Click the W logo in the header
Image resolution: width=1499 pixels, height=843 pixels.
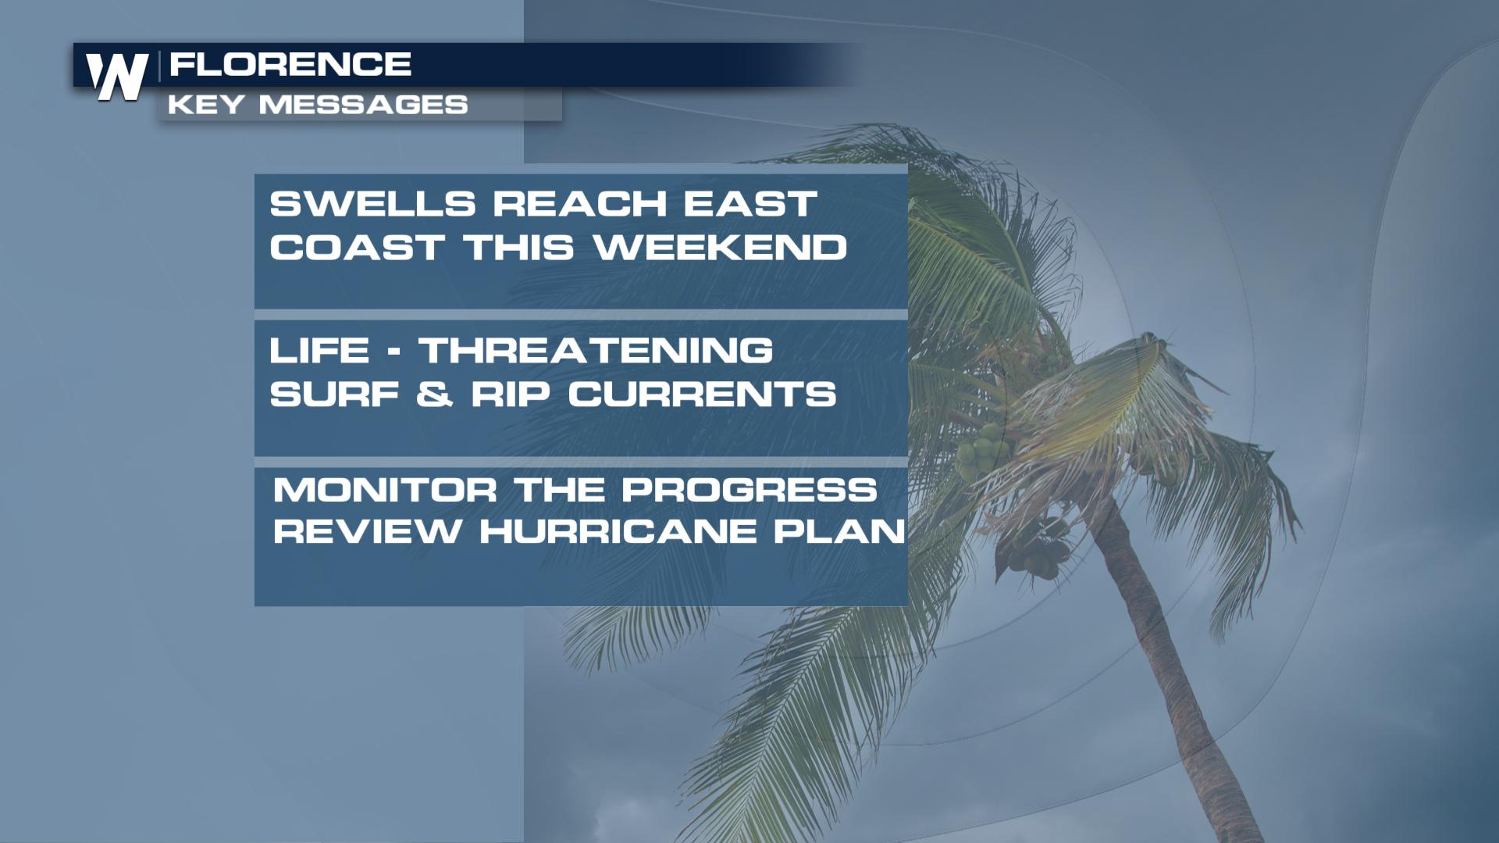click(x=117, y=76)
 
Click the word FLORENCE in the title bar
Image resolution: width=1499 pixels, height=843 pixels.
click(x=290, y=64)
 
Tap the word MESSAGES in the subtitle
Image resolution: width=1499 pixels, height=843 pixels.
click(x=363, y=105)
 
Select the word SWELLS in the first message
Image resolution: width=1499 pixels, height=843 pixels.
click(x=372, y=205)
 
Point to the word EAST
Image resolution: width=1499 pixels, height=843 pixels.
click(x=750, y=205)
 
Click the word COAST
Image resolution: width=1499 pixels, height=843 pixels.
click(x=357, y=248)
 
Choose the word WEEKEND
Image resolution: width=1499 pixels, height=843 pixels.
click(x=721, y=248)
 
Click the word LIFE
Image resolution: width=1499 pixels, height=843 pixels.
click(x=319, y=350)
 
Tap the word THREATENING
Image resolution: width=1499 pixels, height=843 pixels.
click(x=596, y=350)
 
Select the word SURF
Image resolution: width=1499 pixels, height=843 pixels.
click(x=335, y=394)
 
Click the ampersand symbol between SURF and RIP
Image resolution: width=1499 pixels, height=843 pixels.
click(x=435, y=394)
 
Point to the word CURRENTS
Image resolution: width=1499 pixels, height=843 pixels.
click(x=702, y=394)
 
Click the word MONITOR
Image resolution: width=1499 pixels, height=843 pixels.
click(x=385, y=491)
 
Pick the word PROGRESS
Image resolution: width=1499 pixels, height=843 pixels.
click(x=749, y=491)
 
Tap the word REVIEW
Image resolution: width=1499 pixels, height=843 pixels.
click(x=368, y=532)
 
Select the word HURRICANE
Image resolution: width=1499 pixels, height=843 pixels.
click(x=618, y=532)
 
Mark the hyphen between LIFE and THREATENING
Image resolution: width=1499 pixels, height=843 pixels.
click(x=394, y=351)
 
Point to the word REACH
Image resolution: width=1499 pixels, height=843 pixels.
click(x=579, y=205)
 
